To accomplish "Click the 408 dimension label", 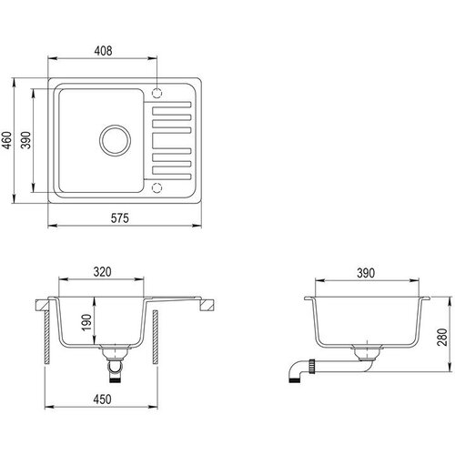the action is [103, 51].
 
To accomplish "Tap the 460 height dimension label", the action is [6, 140].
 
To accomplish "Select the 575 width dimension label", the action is [120, 217].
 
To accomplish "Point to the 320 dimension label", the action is [102, 272].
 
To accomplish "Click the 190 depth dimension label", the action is [86, 322].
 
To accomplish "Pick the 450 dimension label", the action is [102, 399].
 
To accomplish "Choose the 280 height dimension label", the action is [442, 337].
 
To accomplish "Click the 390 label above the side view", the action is [366, 273].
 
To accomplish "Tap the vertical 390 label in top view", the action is [25, 140].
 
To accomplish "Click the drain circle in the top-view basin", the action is [115, 126].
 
